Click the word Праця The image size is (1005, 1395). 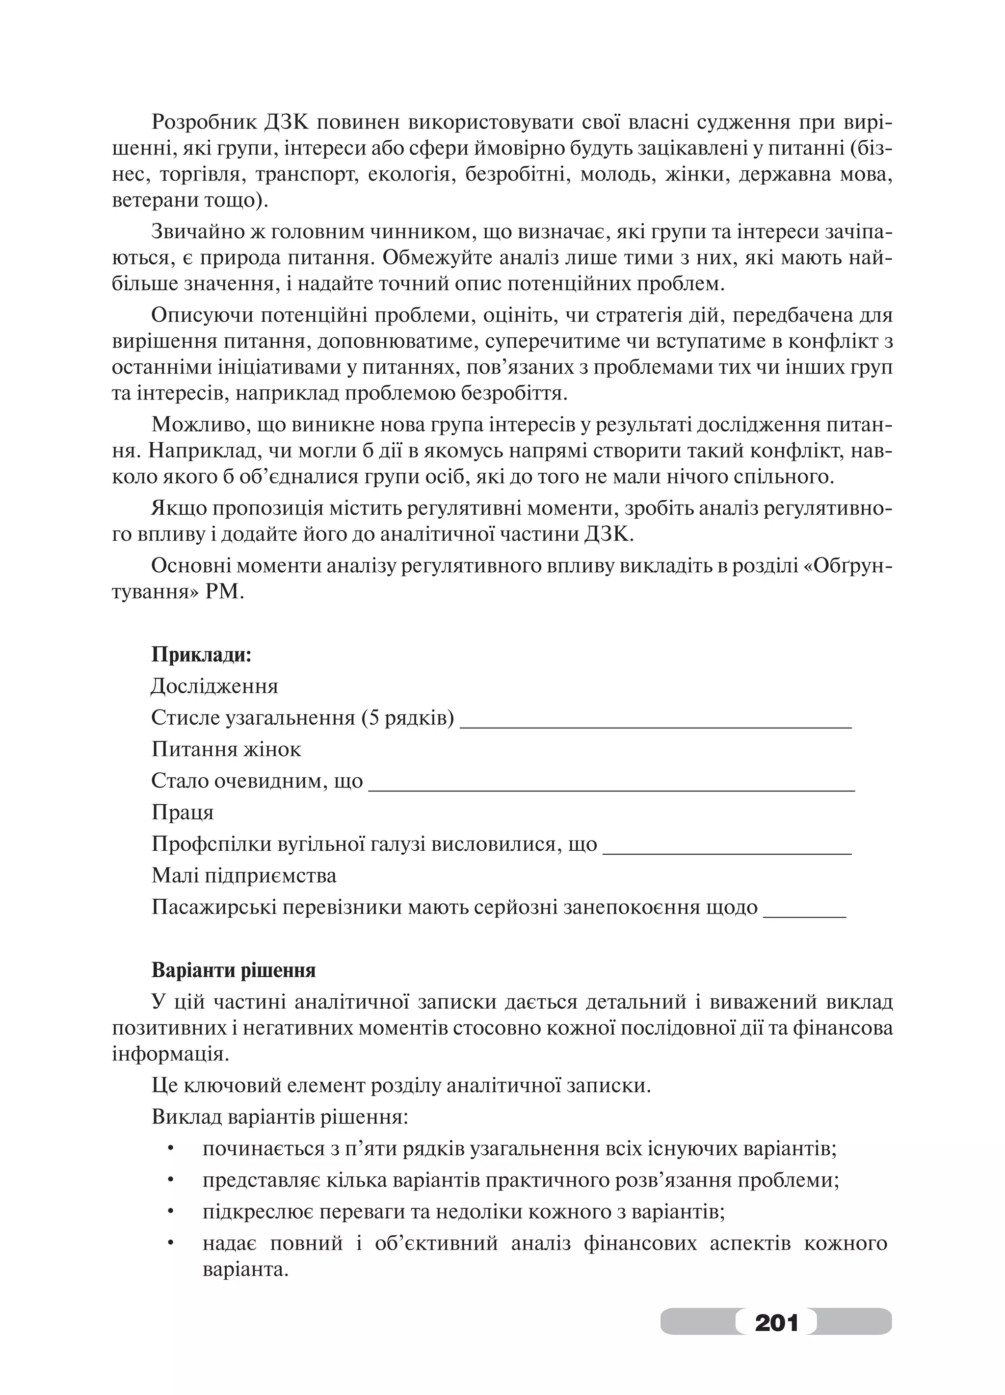click(182, 813)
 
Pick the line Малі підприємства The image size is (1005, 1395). click(244, 876)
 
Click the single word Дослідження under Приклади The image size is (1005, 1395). click(214, 686)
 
